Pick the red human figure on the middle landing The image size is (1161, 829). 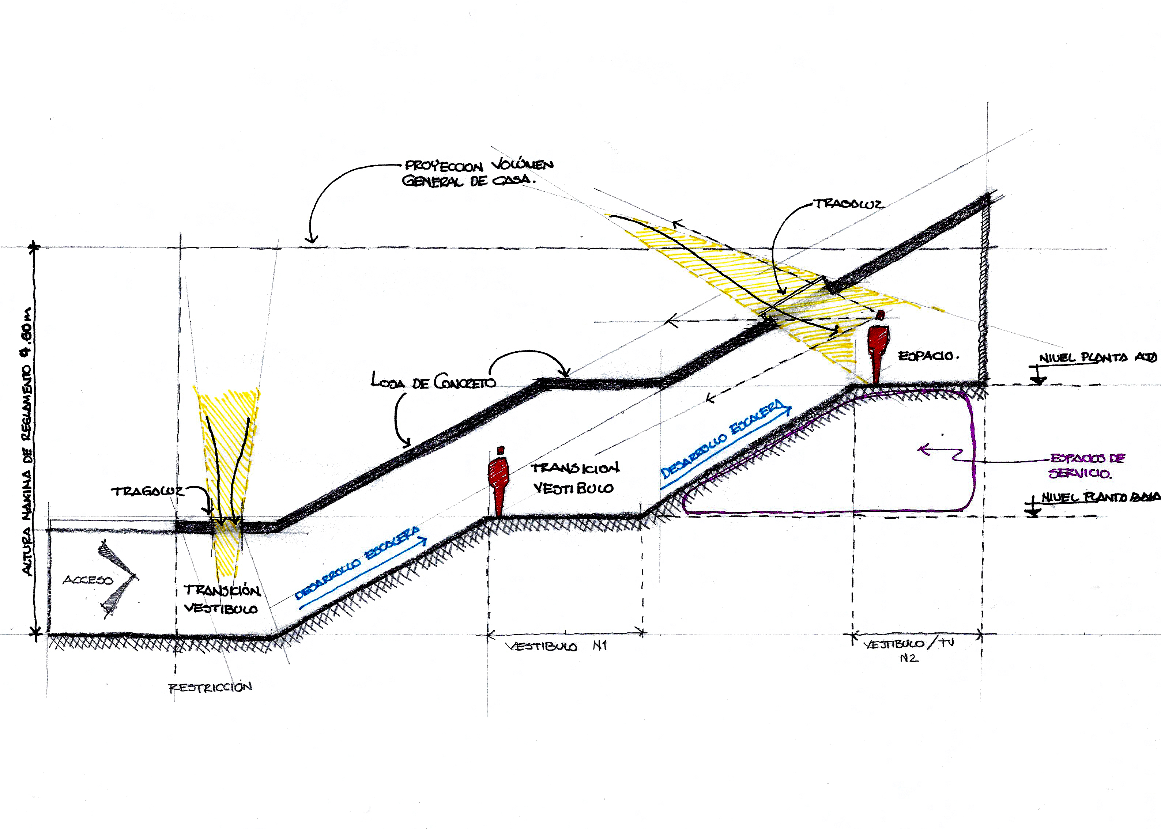point(499,482)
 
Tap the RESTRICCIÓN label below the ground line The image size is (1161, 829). point(210,687)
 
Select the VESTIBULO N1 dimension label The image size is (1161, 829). point(556,646)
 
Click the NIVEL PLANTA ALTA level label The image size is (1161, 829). point(1098,358)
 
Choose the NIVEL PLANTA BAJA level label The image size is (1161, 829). point(1100,497)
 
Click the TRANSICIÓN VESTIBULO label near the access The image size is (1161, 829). point(222,599)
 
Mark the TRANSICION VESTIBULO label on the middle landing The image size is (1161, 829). point(574,478)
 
